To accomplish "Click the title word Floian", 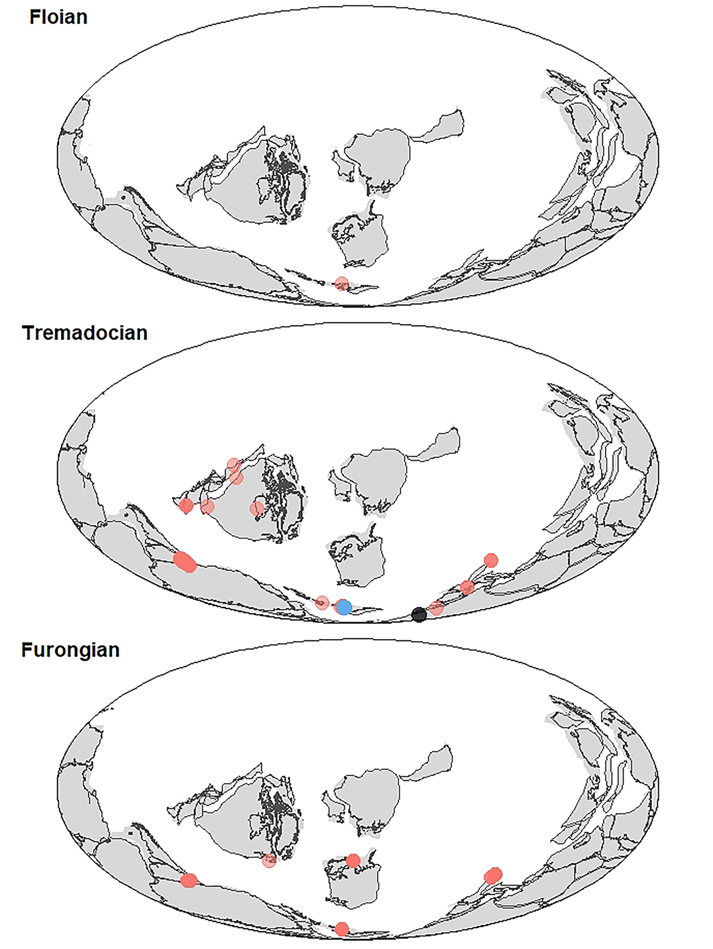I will [x=58, y=17].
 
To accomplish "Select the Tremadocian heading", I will [x=85, y=333].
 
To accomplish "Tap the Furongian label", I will [x=70, y=650].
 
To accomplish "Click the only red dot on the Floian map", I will [x=342, y=283].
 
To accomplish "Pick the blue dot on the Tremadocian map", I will [x=344, y=608].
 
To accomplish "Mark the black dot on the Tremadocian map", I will [x=419, y=614].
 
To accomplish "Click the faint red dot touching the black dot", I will [x=436, y=608].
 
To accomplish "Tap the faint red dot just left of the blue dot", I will [x=322, y=603].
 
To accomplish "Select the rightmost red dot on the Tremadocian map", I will [x=491, y=560].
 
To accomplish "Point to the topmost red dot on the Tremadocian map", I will [x=233, y=464].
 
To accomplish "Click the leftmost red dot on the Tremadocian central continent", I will [x=186, y=505].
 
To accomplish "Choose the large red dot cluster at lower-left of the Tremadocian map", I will [x=184, y=562].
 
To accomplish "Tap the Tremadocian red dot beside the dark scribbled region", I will [x=257, y=509].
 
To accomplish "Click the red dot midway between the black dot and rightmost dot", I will [x=468, y=588].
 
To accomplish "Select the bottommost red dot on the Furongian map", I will [x=342, y=929].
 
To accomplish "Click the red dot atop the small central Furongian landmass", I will [x=353, y=860].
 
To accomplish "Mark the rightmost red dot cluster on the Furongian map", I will [x=493, y=875].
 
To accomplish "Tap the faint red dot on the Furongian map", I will [x=269, y=860].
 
